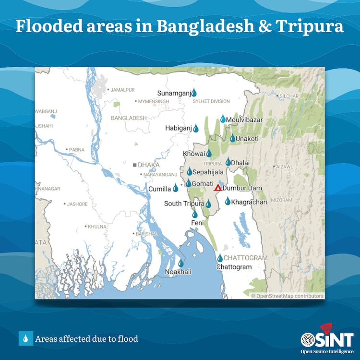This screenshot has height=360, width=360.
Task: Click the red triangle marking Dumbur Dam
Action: [217, 188]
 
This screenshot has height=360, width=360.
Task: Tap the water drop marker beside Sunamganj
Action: [194, 93]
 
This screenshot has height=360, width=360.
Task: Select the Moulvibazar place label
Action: [245, 120]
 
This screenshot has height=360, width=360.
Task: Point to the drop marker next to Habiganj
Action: [196, 128]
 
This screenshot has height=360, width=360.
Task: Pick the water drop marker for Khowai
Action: [209, 154]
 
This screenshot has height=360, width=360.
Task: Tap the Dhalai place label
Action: [240, 163]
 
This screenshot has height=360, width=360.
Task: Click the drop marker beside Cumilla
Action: [176, 188]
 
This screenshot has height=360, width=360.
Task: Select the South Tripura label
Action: [184, 204]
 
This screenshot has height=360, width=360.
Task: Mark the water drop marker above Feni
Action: [195, 214]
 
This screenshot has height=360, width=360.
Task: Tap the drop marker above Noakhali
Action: [181, 263]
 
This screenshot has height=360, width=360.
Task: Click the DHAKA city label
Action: [148, 165]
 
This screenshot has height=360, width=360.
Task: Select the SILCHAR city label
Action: [290, 96]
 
